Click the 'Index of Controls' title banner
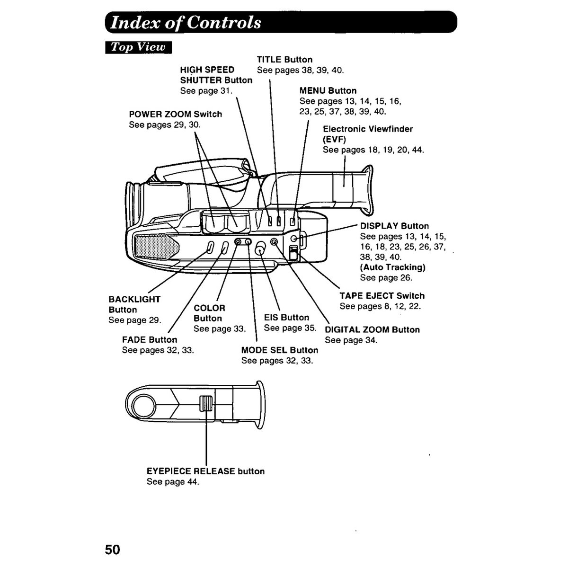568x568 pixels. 281,22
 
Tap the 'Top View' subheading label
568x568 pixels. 138,47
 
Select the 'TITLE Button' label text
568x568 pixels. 284,60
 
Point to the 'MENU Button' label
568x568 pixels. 328,90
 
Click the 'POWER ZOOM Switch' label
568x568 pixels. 176,114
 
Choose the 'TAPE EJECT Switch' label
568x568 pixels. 382,296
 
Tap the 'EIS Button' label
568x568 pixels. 286,318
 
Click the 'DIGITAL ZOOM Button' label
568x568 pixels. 373,329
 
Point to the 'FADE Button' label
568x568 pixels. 150,339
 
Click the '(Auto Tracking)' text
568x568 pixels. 392,267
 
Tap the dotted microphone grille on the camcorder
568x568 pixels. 157,247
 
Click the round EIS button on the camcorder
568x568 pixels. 260,249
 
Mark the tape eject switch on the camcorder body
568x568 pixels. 293,253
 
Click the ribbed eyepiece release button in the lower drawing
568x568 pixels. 206,403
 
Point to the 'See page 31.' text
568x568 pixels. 206,91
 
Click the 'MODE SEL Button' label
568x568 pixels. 280,350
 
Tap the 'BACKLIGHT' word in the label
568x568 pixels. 134,299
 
